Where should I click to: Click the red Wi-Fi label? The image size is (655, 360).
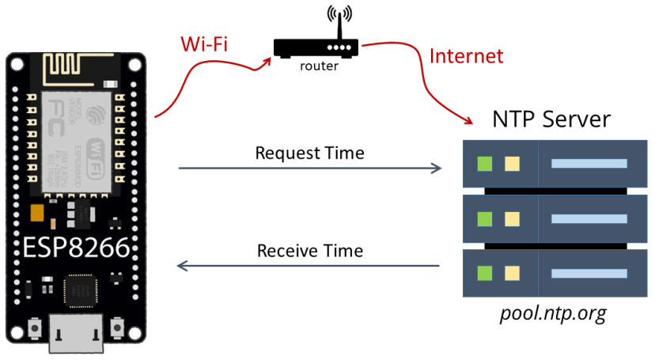204,43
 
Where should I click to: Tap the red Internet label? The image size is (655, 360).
466,56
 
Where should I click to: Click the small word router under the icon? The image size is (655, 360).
319,66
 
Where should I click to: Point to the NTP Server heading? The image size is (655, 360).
551,119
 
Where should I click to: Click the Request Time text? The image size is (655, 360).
309,153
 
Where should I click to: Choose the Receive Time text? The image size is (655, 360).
309,251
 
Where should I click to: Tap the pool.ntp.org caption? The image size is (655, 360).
552,313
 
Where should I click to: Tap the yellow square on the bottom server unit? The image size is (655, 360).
512,273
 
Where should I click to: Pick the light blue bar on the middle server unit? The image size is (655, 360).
589,218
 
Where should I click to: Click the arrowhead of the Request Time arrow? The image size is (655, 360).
436,168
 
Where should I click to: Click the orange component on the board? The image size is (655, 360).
36,213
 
